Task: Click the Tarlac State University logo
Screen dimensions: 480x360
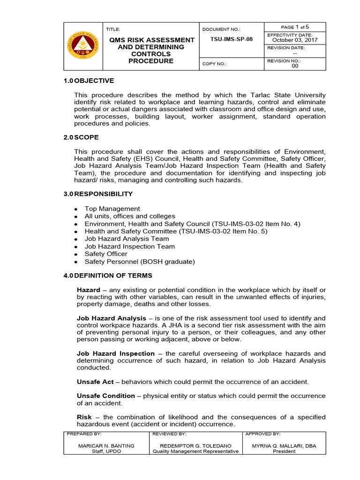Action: pyautogui.click(x=83, y=46)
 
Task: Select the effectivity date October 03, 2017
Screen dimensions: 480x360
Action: pyautogui.click(x=295, y=40)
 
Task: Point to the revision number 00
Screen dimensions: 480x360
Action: pyautogui.click(x=295, y=66)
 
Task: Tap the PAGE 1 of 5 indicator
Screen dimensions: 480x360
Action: pyautogui.click(x=295, y=27)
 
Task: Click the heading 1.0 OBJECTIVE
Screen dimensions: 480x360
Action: pyautogui.click(x=89, y=81)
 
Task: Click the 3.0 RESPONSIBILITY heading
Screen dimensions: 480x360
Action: pyautogui.click(x=98, y=194)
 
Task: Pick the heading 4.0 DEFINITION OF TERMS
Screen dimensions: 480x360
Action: pyautogui.click(x=108, y=275)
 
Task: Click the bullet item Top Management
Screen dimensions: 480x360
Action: pyautogui.click(x=112, y=209)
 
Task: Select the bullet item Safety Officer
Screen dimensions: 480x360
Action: pyautogui.click(x=106, y=254)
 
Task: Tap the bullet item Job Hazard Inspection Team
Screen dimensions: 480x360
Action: pyautogui.click(x=129, y=246)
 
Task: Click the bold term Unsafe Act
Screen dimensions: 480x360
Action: pyautogui.click(x=95, y=382)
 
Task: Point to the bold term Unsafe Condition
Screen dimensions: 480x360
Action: pyautogui.click(x=106, y=396)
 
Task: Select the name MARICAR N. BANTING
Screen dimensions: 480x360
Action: pyautogui.click(x=106, y=446)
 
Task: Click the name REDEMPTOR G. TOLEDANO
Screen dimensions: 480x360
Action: pyautogui.click(x=195, y=446)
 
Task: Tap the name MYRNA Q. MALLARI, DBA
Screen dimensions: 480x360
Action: pyautogui.click(x=284, y=446)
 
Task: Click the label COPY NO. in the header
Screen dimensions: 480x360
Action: pyautogui.click(x=214, y=64)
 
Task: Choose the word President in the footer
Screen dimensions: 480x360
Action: pyautogui.click(x=284, y=451)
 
